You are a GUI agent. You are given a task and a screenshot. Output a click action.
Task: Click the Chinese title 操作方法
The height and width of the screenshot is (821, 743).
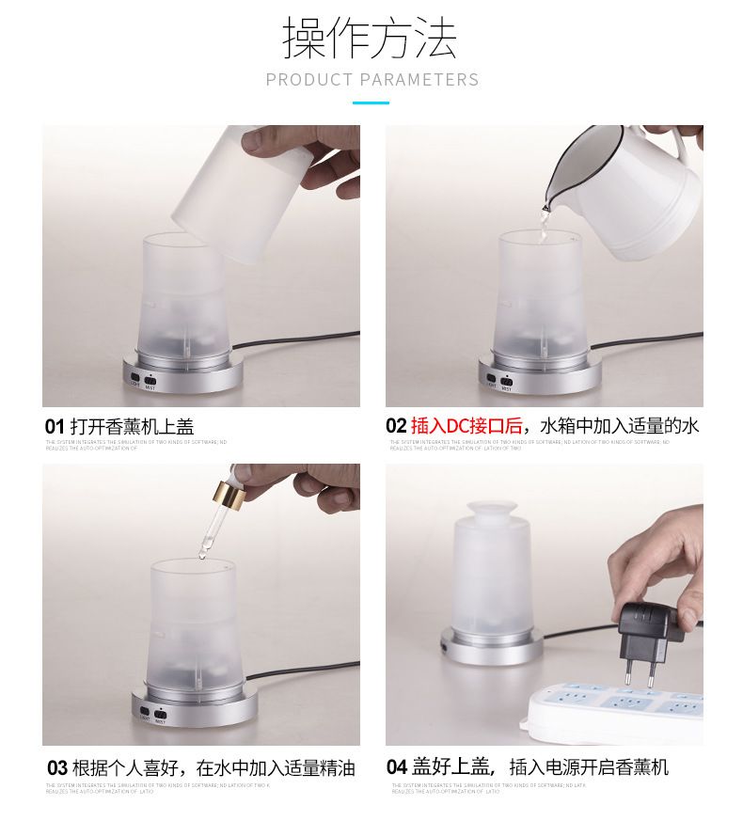(371, 39)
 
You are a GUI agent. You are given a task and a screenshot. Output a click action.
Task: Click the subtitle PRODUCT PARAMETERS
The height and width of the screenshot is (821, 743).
(371, 80)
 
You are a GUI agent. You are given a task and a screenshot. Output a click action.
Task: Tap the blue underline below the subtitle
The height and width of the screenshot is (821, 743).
(371, 103)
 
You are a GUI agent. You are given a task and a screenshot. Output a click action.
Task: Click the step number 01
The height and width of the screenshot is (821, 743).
(55, 427)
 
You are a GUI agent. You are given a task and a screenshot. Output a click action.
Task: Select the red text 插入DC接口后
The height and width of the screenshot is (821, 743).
(466, 426)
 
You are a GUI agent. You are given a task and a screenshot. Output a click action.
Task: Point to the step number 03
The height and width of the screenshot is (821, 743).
(56, 768)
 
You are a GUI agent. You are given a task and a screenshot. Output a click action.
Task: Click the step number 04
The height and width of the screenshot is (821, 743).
(397, 767)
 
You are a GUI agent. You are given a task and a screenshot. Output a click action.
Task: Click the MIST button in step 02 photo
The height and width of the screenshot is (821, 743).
(506, 381)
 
